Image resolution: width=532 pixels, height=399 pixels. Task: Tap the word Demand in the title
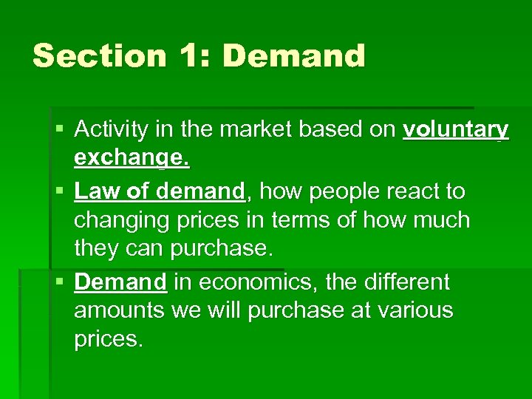coord(293,56)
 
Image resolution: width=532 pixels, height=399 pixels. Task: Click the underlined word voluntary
coord(456,130)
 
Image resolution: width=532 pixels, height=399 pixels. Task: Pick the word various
coord(415,310)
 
